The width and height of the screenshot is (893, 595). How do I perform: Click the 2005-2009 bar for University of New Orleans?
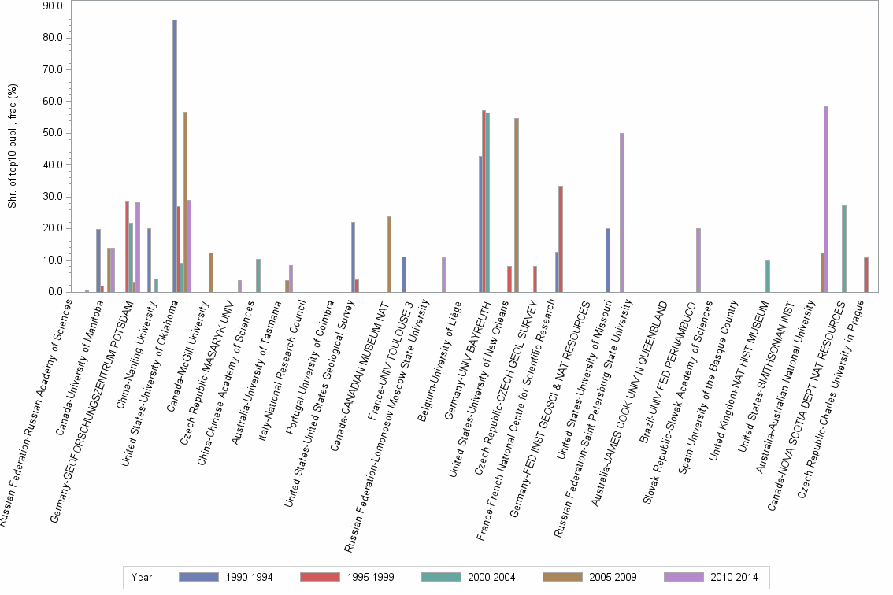[x=517, y=205]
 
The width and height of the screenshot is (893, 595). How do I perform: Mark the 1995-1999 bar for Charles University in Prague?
[x=865, y=275]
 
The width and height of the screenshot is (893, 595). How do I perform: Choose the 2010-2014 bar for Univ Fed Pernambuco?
[x=698, y=261]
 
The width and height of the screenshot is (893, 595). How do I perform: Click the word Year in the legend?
[x=143, y=577]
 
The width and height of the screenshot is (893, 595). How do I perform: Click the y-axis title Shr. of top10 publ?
[x=12, y=150]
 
